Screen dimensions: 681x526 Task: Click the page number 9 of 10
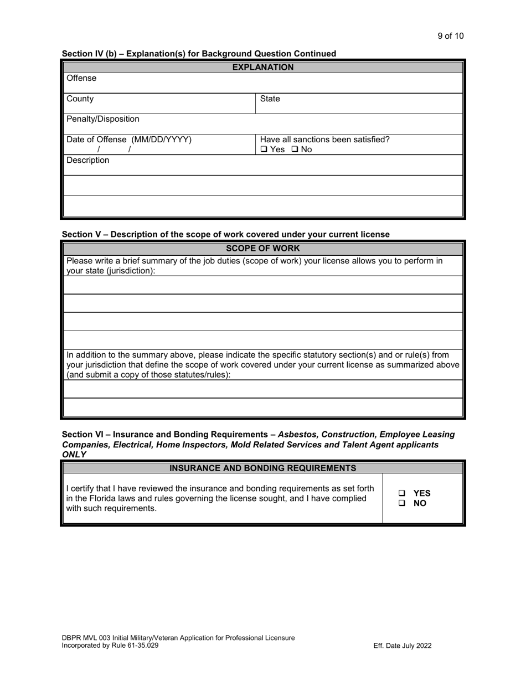click(x=450, y=36)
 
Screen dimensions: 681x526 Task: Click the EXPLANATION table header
click(x=262, y=67)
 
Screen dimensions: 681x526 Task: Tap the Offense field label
click(x=81, y=78)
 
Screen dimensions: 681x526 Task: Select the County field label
click(x=80, y=99)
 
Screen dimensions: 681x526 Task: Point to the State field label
click(x=270, y=99)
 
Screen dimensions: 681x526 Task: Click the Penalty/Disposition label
click(x=103, y=119)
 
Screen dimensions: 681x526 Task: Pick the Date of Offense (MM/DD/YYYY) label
click(x=129, y=140)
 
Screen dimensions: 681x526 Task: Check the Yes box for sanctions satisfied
click(x=264, y=149)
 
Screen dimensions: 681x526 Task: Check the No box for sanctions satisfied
click(x=295, y=149)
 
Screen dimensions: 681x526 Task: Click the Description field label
click(x=88, y=160)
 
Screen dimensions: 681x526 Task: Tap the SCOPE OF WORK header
click(x=262, y=248)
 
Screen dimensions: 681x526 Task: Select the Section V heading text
click(x=225, y=234)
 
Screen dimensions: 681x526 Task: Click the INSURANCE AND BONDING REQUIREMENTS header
click(x=262, y=468)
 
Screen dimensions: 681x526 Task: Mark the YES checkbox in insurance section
click(x=402, y=493)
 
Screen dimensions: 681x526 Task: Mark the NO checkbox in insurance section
click(x=402, y=503)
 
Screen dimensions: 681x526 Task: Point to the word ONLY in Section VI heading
click(x=74, y=455)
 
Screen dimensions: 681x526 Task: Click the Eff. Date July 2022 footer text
click(x=403, y=646)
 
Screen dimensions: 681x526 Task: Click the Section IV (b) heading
click(x=199, y=54)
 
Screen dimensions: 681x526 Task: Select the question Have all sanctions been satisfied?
click(x=324, y=140)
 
